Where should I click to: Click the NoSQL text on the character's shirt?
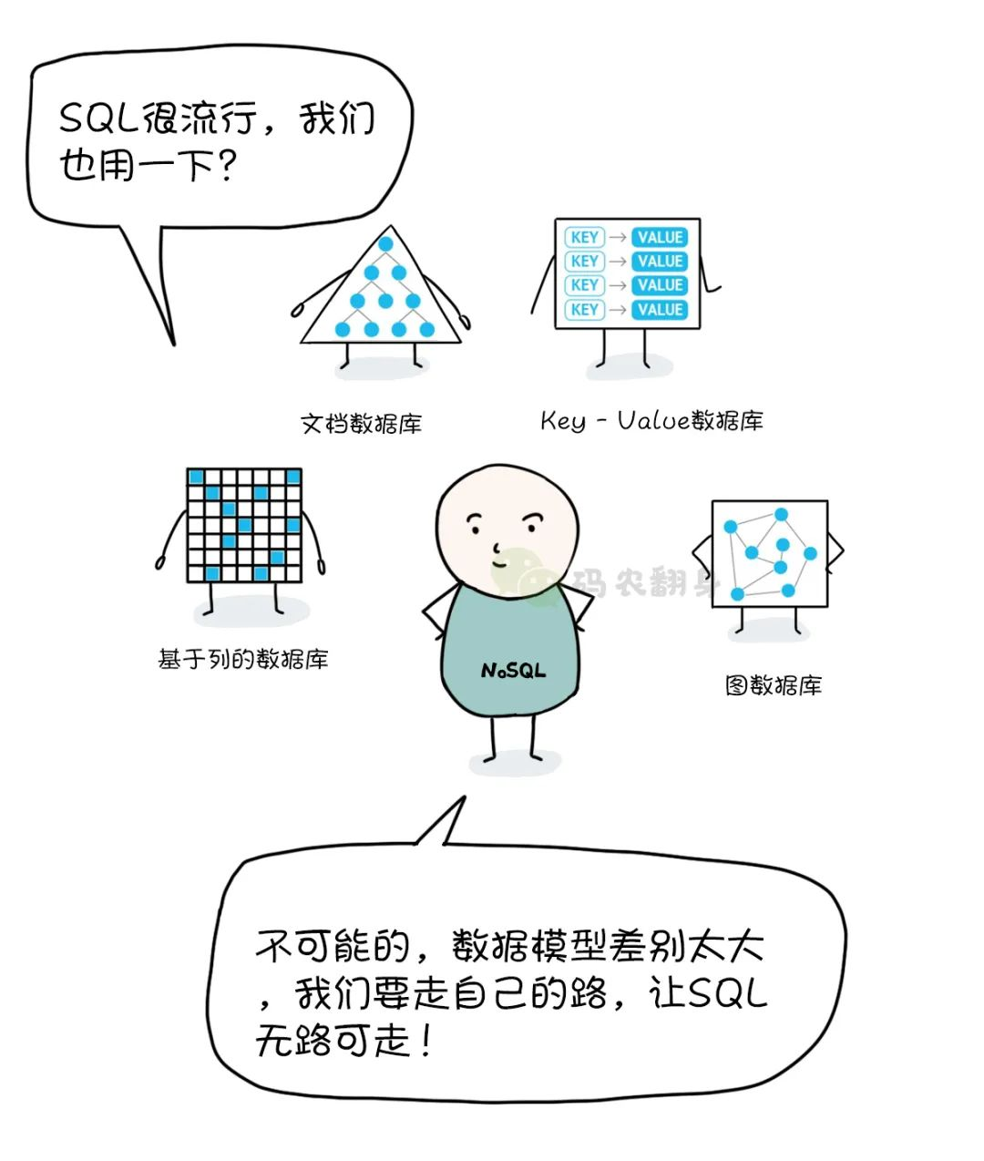[513, 670]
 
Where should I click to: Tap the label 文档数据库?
[361, 424]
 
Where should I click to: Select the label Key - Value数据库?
[651, 420]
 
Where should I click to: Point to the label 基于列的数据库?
[243, 659]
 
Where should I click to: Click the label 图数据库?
[774, 684]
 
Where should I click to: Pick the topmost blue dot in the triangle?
[385, 243]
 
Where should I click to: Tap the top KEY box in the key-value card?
[585, 237]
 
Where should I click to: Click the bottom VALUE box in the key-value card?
[660, 310]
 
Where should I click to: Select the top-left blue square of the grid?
[196, 477]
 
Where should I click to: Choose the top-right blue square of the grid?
[293, 477]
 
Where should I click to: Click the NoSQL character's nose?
[497, 548]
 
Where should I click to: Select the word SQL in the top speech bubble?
[98, 118]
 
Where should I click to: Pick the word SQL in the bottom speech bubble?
[727, 993]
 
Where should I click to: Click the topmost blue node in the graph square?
[781, 514]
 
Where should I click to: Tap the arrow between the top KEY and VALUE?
[618, 238]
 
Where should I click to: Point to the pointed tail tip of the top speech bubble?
[173, 344]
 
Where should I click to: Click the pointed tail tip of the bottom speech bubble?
[465, 797]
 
